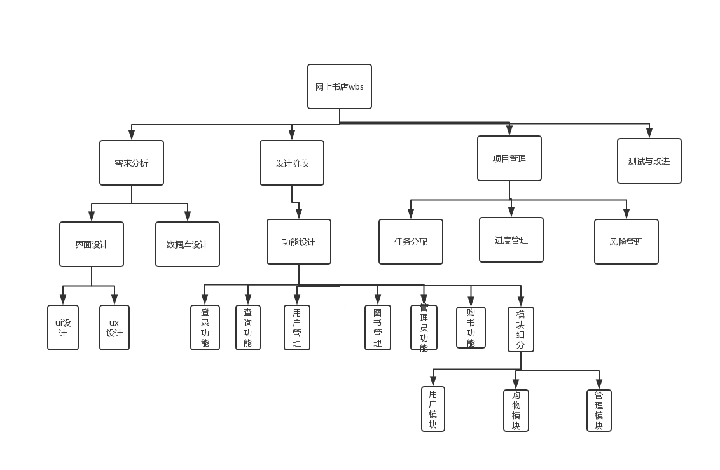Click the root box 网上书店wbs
[339, 86]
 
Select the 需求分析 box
[132, 163]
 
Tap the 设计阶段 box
[292, 163]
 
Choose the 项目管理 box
[509, 158]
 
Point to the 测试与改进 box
[649, 161]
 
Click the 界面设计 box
[92, 244]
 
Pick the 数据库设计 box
[188, 244]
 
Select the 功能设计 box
[299, 242]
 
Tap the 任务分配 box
[411, 242]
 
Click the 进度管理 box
[511, 240]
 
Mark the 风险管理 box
[626, 242]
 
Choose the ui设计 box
[63, 328]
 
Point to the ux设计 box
[114, 328]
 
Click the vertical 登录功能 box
[205, 328]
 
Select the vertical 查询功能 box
[248, 328]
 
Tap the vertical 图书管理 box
[378, 328]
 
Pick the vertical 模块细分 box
[521, 329]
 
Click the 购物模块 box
[516, 410]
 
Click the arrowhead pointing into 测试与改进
[649, 134]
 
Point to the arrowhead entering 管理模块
[599, 385]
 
